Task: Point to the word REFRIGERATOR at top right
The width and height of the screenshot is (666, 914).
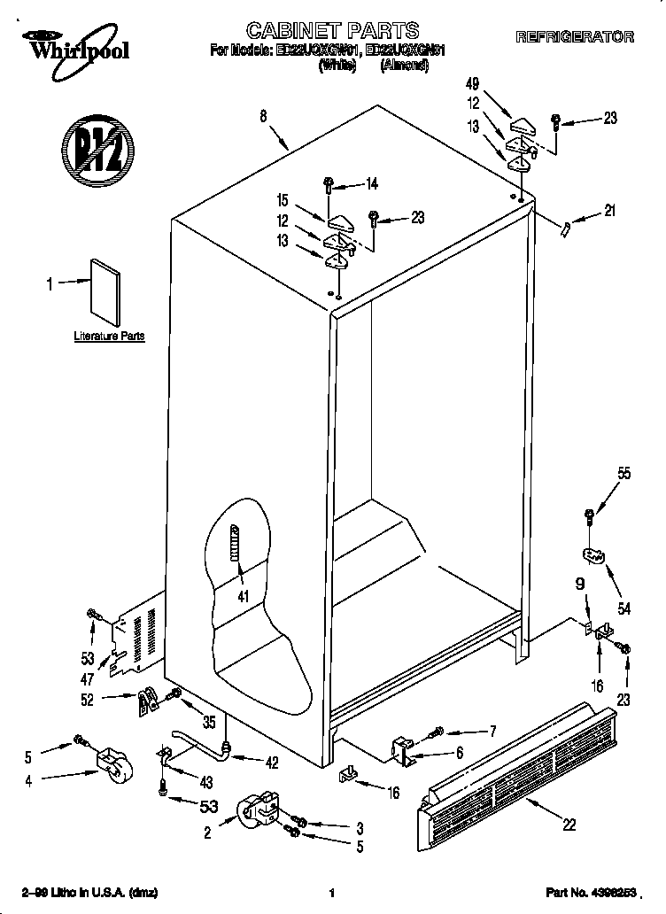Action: [x=575, y=37]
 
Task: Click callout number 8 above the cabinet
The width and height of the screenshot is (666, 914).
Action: [x=264, y=115]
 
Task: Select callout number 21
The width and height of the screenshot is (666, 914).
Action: [x=608, y=211]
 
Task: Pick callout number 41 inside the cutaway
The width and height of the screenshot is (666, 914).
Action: [x=243, y=596]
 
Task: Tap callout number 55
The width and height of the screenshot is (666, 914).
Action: [x=624, y=474]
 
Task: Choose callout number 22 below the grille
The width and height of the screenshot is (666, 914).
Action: [x=569, y=825]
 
